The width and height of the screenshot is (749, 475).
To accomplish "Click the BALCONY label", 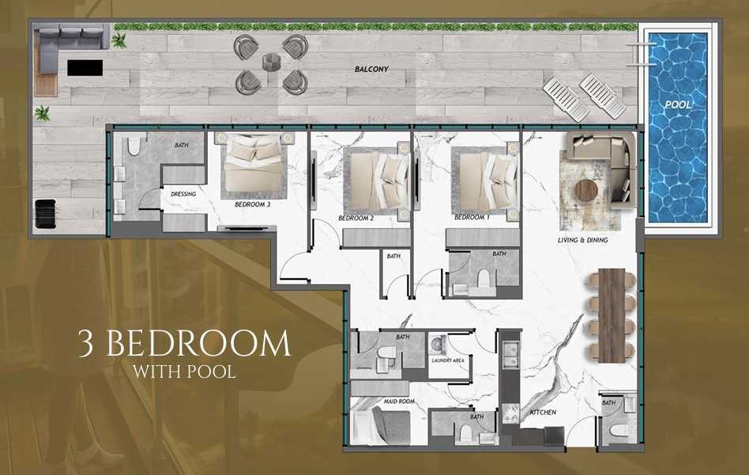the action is pos(371,70).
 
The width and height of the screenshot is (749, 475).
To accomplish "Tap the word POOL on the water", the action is pos(678,104).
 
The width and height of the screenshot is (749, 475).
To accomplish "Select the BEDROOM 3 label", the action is pos(253,205).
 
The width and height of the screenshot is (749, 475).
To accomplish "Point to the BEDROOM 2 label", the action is pos(356,218).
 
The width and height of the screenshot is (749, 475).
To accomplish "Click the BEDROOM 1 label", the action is pos(472,217).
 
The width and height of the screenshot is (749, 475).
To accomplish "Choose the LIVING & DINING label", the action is pos(583,240).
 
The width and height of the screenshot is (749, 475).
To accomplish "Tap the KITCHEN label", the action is pos(543,412).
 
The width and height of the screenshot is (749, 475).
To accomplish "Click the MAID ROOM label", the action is pos(399,401).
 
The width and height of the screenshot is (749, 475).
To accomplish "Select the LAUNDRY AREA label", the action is pos(448,360).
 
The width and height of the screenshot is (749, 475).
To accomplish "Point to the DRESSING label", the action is pos(183,194).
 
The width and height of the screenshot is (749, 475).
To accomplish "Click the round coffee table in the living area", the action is pos(586,191).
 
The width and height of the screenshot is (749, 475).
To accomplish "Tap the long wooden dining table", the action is pos(612,316).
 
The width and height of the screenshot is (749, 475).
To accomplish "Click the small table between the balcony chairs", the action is pos(271,63).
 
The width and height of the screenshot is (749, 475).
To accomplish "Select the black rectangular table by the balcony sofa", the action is pos(85,67).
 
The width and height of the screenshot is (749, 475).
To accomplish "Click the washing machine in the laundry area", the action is pos(438,344).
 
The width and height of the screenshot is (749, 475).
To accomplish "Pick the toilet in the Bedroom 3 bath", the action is pos(134,145).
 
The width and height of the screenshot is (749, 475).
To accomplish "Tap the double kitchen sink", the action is pos(510,355).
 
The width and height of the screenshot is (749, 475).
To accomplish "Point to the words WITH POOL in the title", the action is pos(184,371).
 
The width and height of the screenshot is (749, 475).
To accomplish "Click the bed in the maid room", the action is pos(381,427).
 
